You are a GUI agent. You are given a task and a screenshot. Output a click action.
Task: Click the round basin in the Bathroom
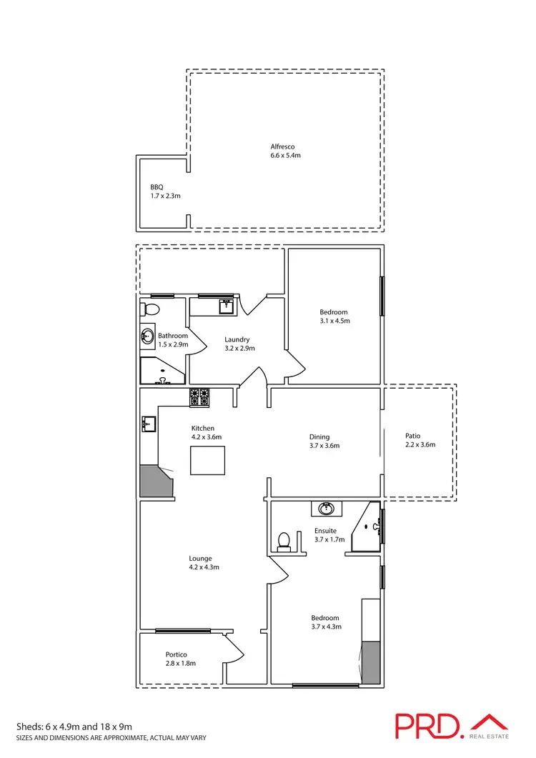tap(147, 335)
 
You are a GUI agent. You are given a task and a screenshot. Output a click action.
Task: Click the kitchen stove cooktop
tap(199, 397)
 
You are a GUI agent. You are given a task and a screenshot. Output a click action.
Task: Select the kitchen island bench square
tap(207, 460)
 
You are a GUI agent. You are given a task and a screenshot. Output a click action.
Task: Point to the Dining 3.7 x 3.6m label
tap(319, 441)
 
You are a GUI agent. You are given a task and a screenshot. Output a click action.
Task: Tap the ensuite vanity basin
tap(327, 509)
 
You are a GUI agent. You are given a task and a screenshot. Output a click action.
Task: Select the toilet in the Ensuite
tap(284, 541)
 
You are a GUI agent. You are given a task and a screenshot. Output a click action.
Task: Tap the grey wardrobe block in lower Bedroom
tap(372, 661)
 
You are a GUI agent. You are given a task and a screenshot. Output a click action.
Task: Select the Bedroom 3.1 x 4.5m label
tap(334, 316)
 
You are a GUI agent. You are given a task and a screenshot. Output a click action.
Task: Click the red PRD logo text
tap(428, 726)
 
